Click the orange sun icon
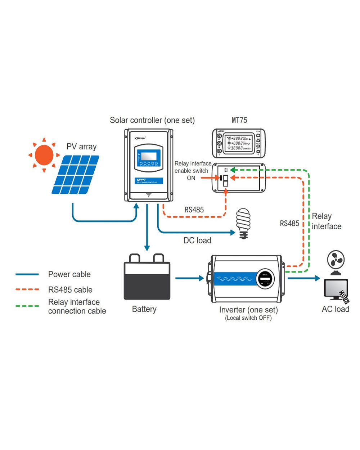pyautogui.click(x=44, y=155)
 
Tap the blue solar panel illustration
pyautogui.click(x=76, y=175)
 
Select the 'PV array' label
pyautogui.click(x=81, y=147)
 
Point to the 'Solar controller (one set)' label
pyautogui.click(x=152, y=120)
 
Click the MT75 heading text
pyautogui.click(x=239, y=120)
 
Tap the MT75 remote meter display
pyautogui.click(x=239, y=143)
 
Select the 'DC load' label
pyautogui.click(x=197, y=240)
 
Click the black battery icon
pyautogui.click(x=147, y=277)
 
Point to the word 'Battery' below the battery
pyautogui.click(x=144, y=309)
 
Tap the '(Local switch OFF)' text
pyautogui.click(x=248, y=318)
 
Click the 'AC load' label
pyautogui.click(x=336, y=309)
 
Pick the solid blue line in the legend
pyautogui.click(x=27, y=274)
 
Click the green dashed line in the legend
pyautogui.click(x=27, y=306)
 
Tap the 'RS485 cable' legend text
pyautogui.click(x=70, y=290)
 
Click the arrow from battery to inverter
pyautogui.click(x=189, y=278)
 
